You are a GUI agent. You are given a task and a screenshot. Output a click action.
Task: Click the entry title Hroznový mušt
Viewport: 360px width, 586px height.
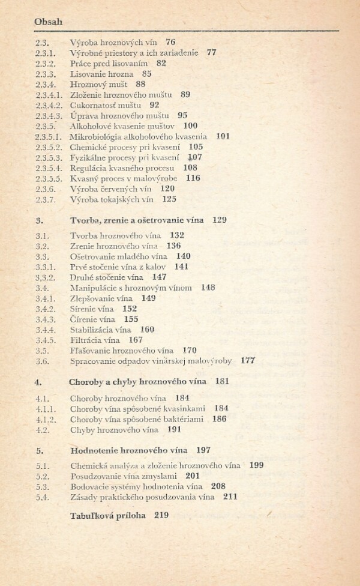tap(99, 84)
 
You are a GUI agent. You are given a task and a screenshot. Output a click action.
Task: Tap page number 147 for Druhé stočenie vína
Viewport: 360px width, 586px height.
tap(159, 277)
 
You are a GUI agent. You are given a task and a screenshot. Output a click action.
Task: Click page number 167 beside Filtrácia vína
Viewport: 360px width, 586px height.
tap(136, 340)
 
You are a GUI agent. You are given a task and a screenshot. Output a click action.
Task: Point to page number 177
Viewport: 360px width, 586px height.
tap(248, 361)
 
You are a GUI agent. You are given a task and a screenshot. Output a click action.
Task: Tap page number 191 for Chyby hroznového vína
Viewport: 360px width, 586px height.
tap(174, 430)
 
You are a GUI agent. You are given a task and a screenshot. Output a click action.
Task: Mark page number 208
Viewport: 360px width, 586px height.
tap(218, 486)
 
